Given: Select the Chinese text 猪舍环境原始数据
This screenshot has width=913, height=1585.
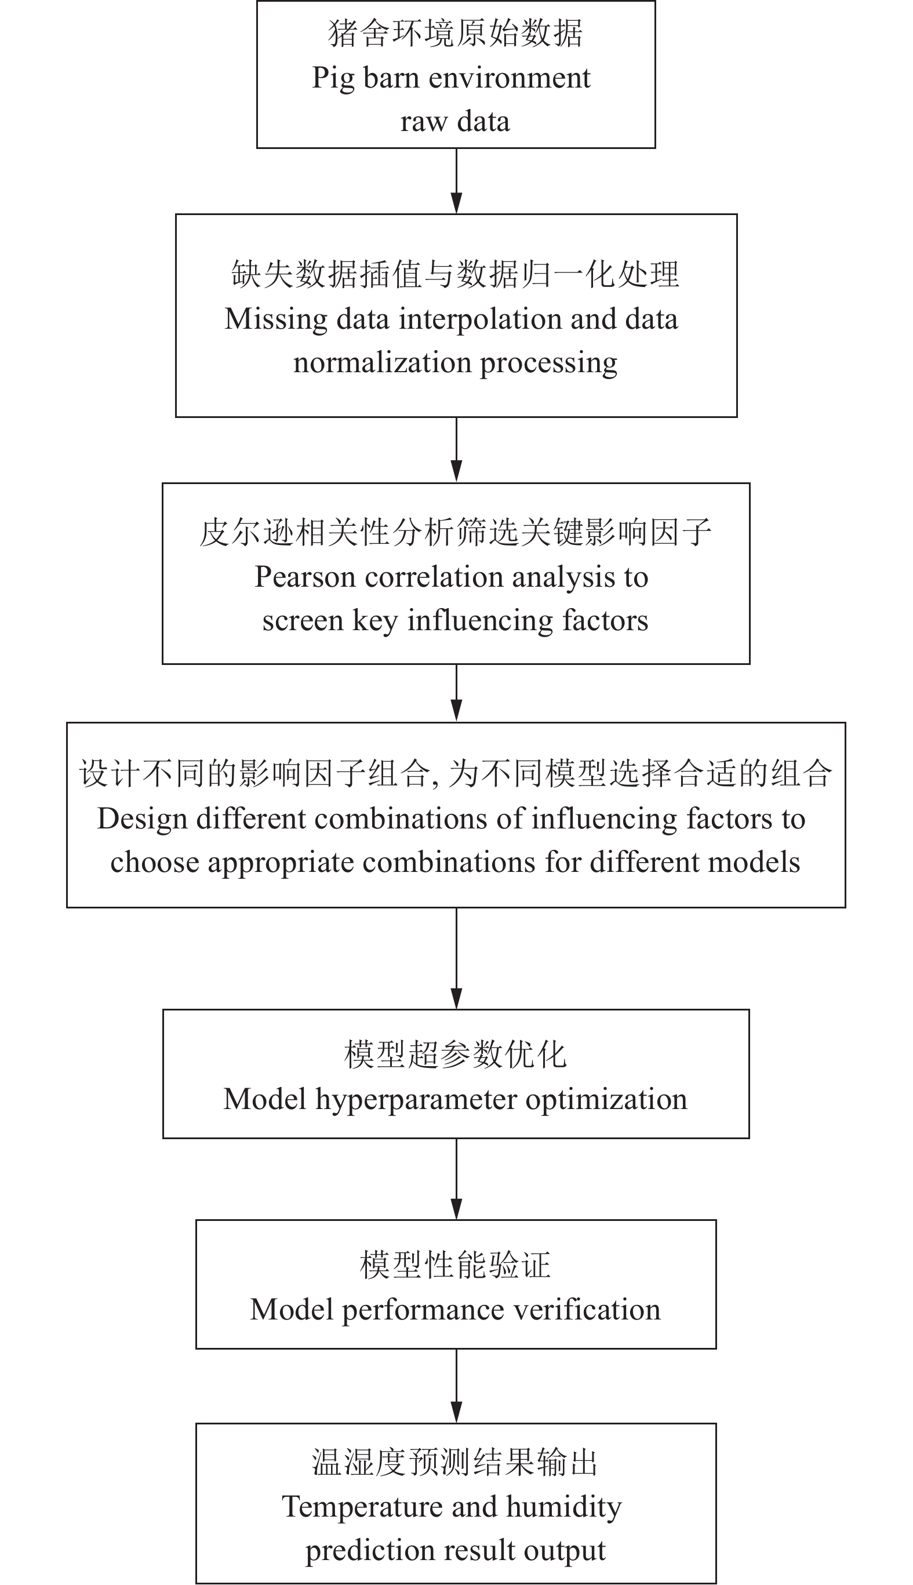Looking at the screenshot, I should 456,34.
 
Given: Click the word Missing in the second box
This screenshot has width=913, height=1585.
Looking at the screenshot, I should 276,319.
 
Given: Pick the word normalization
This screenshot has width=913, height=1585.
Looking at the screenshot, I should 382,362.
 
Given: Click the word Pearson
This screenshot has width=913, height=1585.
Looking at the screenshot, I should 305,577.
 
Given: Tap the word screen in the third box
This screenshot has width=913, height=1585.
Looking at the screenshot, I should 302,621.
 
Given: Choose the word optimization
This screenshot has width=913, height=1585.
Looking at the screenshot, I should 606,1099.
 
